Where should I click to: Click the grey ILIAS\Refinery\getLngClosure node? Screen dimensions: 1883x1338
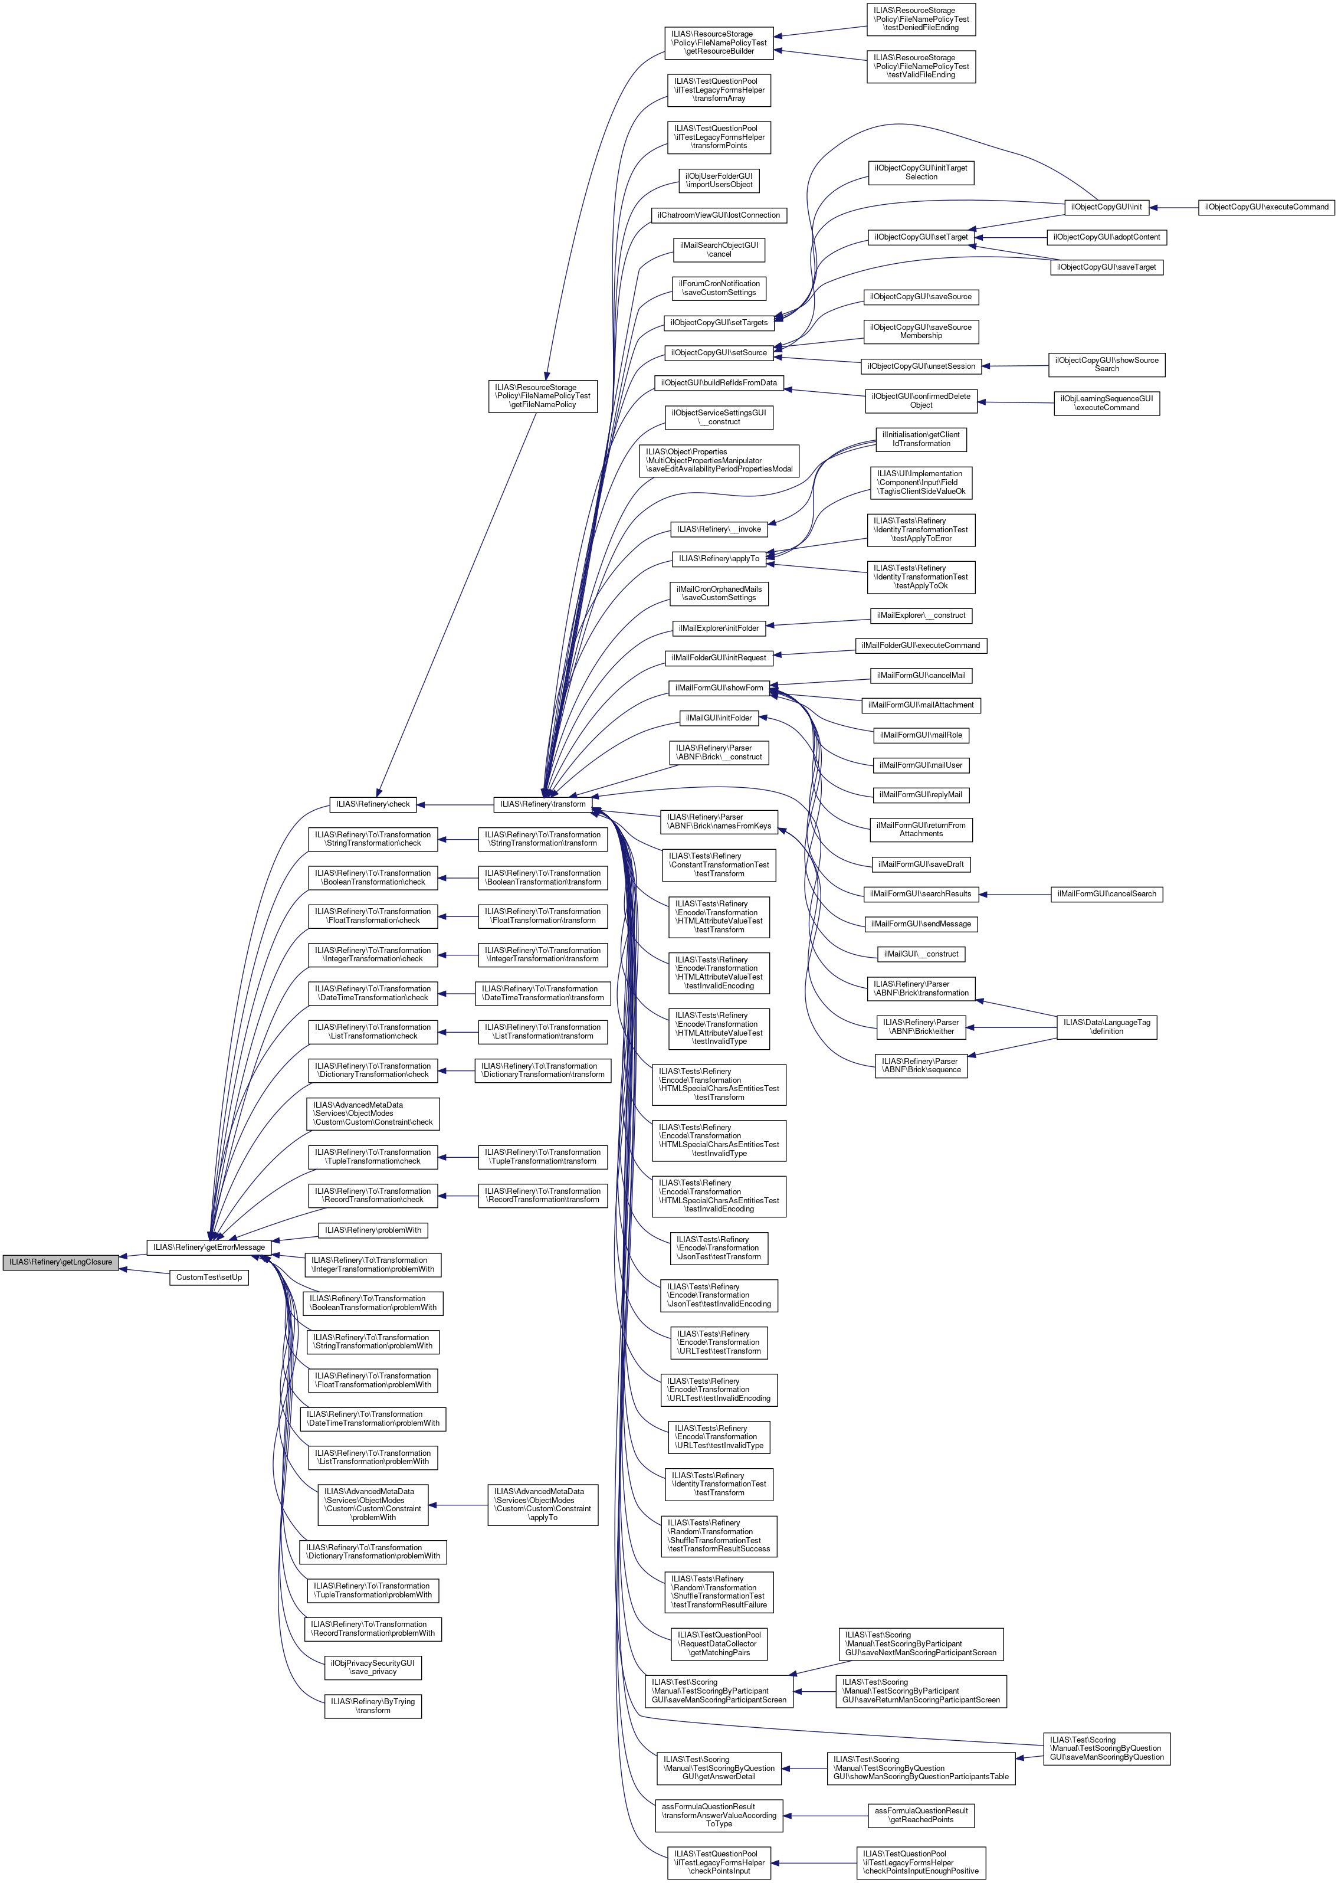(61, 1262)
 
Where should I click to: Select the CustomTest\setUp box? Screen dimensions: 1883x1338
(209, 1278)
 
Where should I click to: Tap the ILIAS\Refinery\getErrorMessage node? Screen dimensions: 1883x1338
(209, 1247)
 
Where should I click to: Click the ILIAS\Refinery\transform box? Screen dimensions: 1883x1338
(543, 804)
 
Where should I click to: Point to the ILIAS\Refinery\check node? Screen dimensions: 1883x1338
(372, 804)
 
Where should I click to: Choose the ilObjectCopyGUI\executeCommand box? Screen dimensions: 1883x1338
(1266, 207)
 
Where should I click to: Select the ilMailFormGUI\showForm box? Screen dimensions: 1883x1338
(719, 687)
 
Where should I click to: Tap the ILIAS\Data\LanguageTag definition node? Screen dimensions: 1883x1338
(1107, 1027)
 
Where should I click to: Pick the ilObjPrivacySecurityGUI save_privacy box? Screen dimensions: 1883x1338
(373, 1667)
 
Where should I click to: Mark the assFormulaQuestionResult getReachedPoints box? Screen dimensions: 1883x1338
(920, 1815)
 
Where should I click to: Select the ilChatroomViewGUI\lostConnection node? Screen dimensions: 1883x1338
(719, 215)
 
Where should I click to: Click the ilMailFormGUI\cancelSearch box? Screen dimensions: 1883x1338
(1107, 894)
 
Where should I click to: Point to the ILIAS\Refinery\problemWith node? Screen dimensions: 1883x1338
(373, 1230)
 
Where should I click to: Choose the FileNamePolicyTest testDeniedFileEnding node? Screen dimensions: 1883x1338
(921, 19)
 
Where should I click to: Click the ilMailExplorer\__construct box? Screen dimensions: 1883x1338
(921, 615)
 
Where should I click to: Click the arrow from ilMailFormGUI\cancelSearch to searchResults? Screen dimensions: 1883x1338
(1014, 894)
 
